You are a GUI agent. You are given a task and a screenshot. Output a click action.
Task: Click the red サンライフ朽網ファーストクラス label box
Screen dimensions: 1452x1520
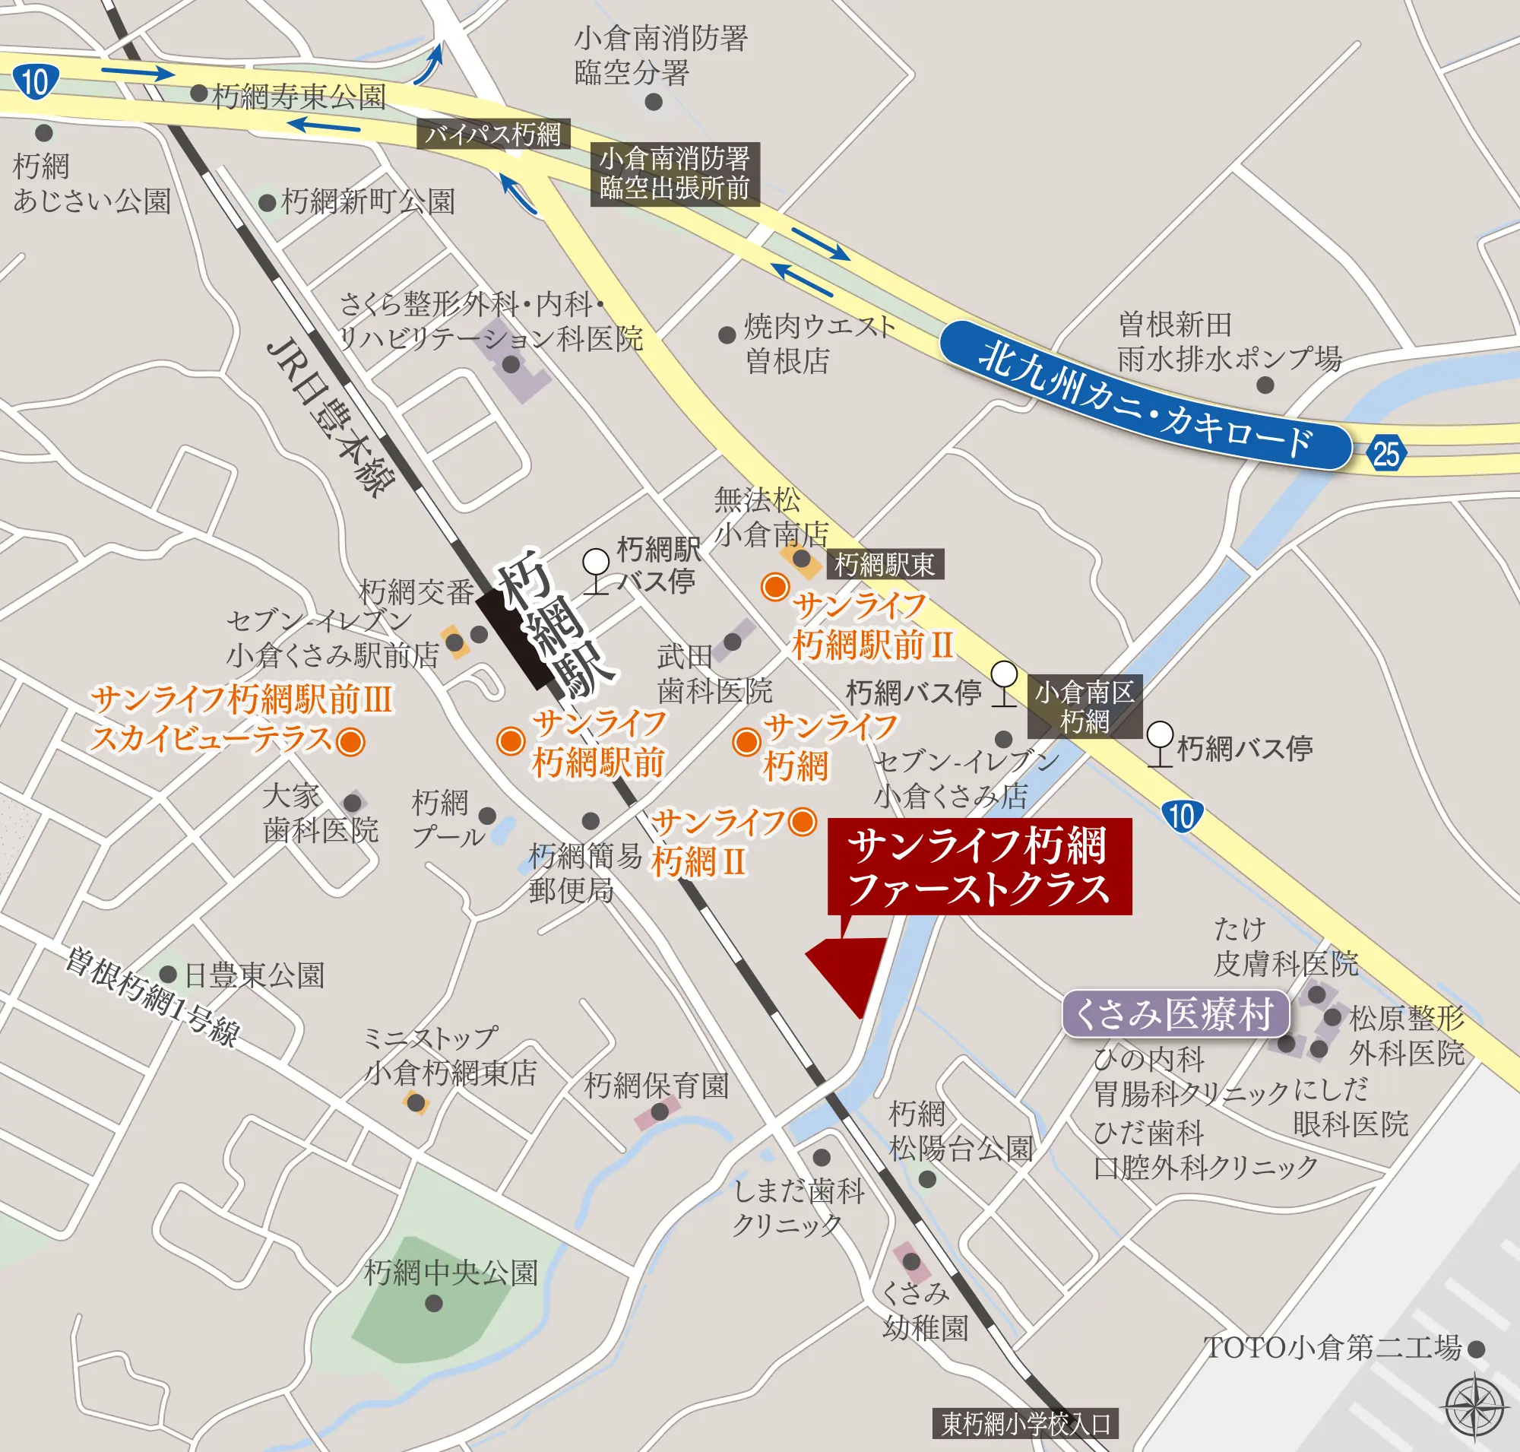coord(979,866)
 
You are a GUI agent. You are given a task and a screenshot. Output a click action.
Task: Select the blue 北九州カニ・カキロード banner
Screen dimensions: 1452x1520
coord(1145,395)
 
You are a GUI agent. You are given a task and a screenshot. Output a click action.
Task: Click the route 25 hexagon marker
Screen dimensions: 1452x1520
coord(1385,453)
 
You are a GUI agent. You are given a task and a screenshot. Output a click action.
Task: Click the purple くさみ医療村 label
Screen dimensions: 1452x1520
coord(1175,1014)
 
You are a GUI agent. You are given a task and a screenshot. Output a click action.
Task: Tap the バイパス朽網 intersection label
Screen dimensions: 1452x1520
coord(493,135)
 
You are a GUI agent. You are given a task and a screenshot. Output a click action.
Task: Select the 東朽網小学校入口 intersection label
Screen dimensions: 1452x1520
coord(1025,1423)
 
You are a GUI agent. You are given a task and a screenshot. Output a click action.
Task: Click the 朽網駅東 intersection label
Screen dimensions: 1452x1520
coord(885,564)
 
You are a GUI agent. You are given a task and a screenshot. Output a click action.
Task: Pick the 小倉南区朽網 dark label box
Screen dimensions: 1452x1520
coord(1085,707)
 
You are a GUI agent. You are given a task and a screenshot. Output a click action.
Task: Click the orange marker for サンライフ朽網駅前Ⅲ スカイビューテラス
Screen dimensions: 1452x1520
coord(350,740)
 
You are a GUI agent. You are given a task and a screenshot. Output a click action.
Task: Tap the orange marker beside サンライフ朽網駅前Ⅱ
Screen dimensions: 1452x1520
coord(774,587)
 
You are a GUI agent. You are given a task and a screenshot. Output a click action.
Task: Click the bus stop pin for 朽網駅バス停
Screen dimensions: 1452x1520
coord(596,562)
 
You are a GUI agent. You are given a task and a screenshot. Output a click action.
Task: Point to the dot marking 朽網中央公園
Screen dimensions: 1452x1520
coord(434,1304)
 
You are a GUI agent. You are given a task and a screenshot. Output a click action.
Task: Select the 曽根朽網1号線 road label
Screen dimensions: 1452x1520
coord(152,997)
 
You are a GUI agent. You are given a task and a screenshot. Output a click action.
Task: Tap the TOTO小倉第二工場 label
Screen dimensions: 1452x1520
coord(1333,1348)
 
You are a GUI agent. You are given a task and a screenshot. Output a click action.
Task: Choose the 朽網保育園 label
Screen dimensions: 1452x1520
coord(657,1085)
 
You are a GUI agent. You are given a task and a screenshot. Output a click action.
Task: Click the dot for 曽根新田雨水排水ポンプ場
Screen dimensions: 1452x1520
coord(1265,385)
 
